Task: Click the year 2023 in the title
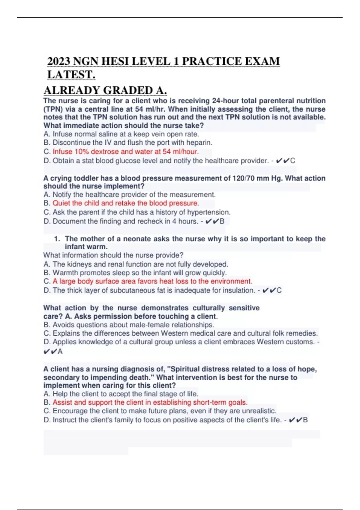59,61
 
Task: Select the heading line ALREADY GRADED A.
105,90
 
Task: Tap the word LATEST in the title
71,75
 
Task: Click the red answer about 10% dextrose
125,152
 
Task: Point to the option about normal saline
121,134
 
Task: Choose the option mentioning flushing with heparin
128,142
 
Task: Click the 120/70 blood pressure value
242,178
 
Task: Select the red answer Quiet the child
126,203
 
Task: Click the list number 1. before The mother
57,239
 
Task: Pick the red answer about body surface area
152,281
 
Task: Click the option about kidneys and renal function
136,264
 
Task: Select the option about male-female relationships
129,325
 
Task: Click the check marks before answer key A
50,352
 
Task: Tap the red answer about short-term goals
150,402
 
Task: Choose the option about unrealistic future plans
160,411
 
